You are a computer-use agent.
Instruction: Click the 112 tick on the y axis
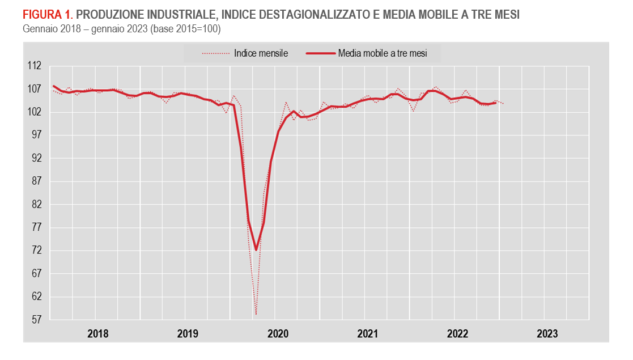click(35, 66)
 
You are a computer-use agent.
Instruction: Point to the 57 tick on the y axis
click(37, 320)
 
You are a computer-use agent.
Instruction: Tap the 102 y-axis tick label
click(35, 112)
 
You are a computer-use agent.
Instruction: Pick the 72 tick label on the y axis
click(37, 251)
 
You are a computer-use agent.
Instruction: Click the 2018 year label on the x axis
click(97, 334)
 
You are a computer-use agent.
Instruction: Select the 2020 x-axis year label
click(277, 334)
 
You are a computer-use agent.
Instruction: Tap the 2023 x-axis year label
click(547, 334)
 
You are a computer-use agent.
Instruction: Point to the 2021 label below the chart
click(367, 334)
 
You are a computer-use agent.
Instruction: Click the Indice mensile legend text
click(261, 53)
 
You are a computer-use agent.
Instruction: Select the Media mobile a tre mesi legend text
click(383, 53)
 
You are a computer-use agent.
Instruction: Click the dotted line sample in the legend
click(216, 54)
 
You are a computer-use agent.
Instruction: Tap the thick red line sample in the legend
click(320, 54)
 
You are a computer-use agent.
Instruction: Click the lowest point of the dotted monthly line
click(256, 315)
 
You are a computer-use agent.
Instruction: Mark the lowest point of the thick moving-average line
click(256, 249)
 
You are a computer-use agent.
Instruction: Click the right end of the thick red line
click(496, 103)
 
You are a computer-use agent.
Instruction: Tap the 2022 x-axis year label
click(457, 334)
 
